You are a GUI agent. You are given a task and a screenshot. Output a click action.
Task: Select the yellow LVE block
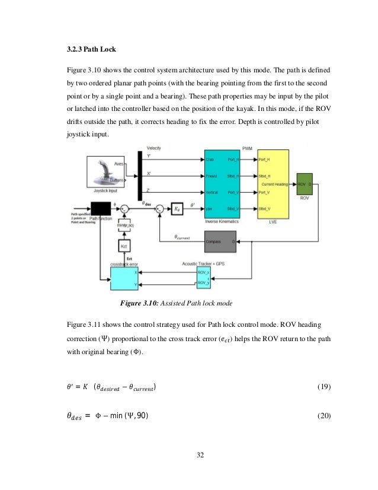pyautogui.click(x=274, y=184)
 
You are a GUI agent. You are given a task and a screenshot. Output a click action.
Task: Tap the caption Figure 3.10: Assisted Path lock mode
pyautogui.click(x=176, y=304)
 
